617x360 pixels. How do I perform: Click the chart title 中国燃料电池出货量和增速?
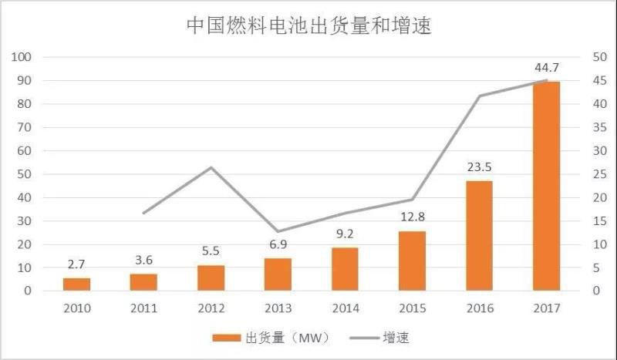(308, 26)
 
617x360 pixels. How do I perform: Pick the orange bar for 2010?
(77, 284)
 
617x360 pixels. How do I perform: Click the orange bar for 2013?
(278, 274)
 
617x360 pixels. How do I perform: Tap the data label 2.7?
(77, 264)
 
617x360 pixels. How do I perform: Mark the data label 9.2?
(346, 232)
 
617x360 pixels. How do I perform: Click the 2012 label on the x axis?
(211, 308)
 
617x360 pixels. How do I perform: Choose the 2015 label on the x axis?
(413, 308)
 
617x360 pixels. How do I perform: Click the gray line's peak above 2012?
(211, 167)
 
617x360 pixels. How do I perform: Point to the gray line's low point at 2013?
(278, 231)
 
